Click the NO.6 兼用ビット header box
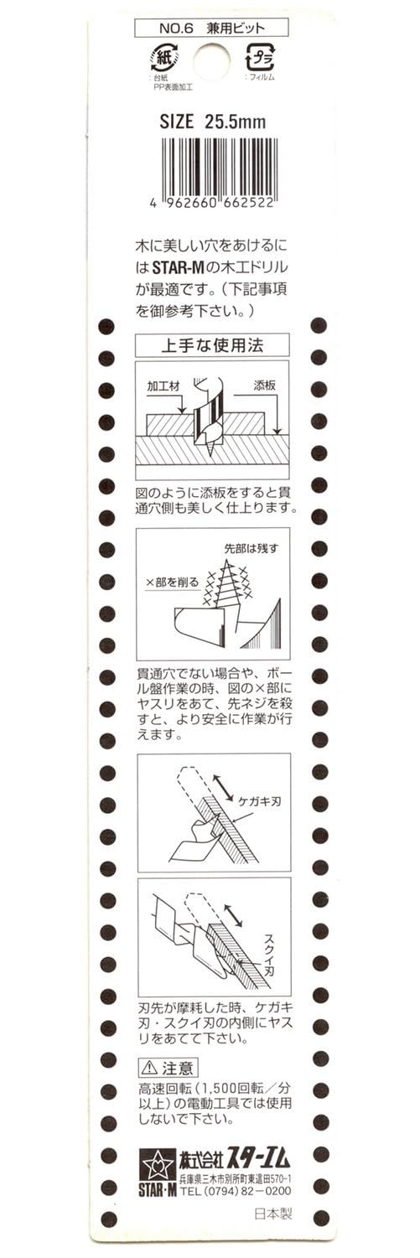[212, 27]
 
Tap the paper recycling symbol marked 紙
[164, 58]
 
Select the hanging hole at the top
[212, 60]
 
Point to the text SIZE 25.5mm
[212, 122]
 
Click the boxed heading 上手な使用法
[212, 344]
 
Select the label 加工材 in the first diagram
[163, 386]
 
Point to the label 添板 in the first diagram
[264, 386]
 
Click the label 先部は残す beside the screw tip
[251, 548]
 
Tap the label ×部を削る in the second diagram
[173, 582]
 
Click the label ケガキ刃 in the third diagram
[259, 801]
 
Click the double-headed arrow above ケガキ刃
[224, 786]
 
